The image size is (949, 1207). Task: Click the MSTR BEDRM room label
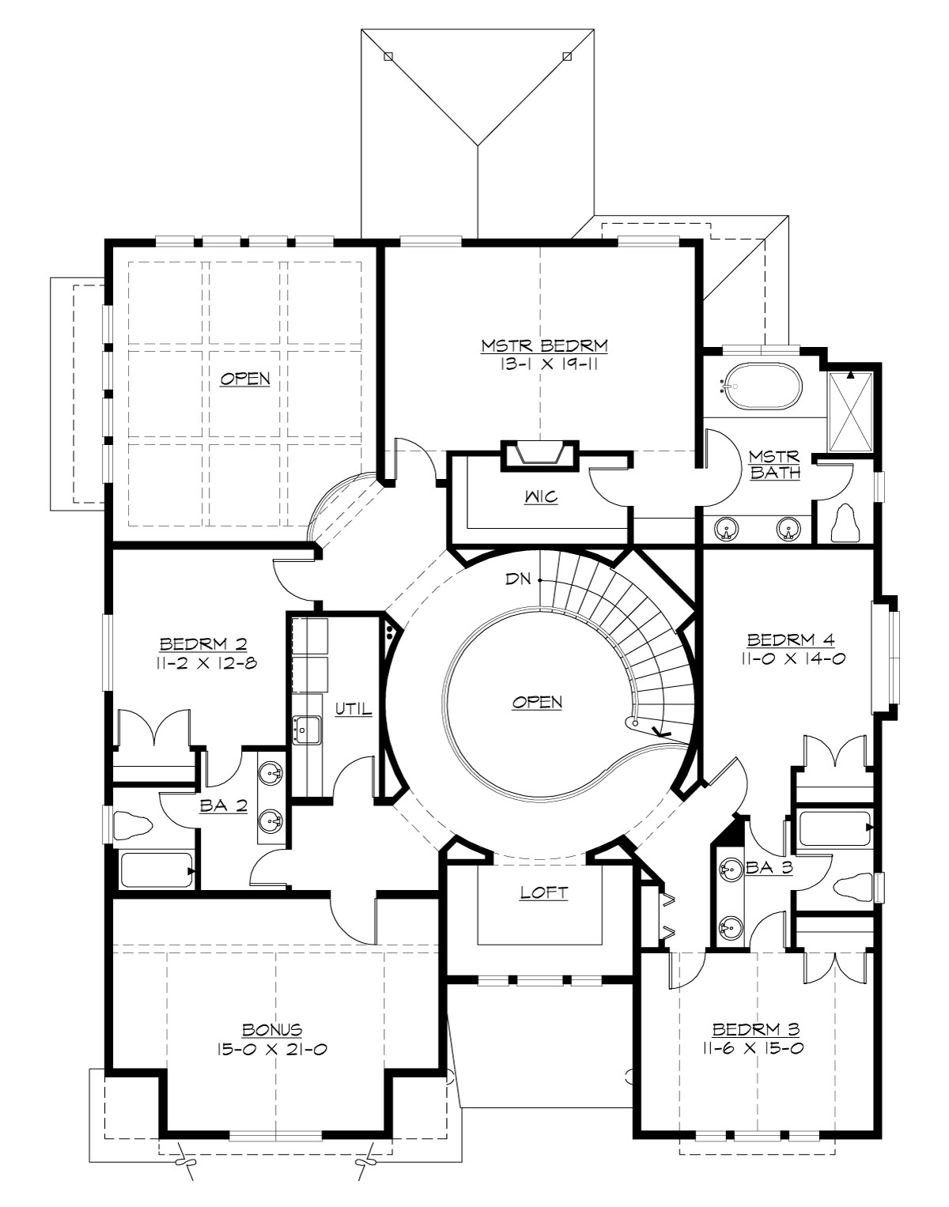[x=544, y=345]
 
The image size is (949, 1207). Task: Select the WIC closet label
[x=540, y=497]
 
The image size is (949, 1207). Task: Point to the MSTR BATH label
[x=774, y=466]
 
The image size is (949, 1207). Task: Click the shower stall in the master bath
[x=850, y=411]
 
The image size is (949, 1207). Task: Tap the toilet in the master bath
[x=847, y=523]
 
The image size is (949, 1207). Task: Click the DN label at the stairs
[x=519, y=579]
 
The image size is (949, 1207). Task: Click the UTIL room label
[x=353, y=709]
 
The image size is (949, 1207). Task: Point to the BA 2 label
[x=224, y=806]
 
